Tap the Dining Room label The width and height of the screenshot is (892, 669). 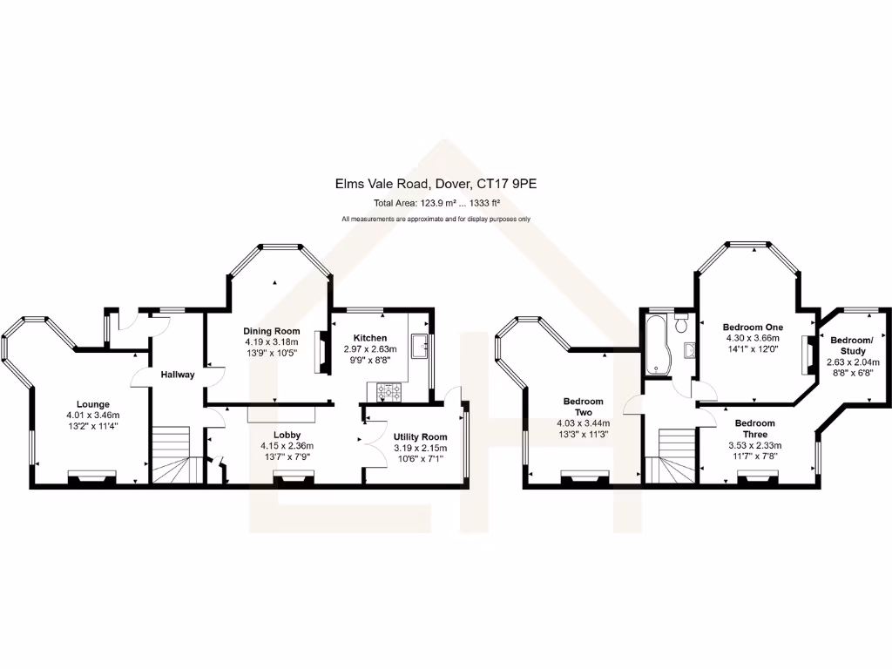tap(271, 331)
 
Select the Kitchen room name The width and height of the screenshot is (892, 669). tap(369, 338)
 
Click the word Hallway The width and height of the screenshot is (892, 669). tap(177, 375)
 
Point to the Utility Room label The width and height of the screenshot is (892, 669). tap(420, 436)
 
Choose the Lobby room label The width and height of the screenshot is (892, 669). tap(287, 434)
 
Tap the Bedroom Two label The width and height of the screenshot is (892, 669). tap(583, 408)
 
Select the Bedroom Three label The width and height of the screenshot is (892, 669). tap(754, 428)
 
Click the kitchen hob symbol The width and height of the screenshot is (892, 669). tap(389, 392)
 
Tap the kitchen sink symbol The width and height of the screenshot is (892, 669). tap(423, 347)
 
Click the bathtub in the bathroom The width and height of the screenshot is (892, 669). tap(653, 344)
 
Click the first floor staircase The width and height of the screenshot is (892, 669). tap(675, 455)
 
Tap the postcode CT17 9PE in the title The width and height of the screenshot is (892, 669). tap(513, 185)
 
